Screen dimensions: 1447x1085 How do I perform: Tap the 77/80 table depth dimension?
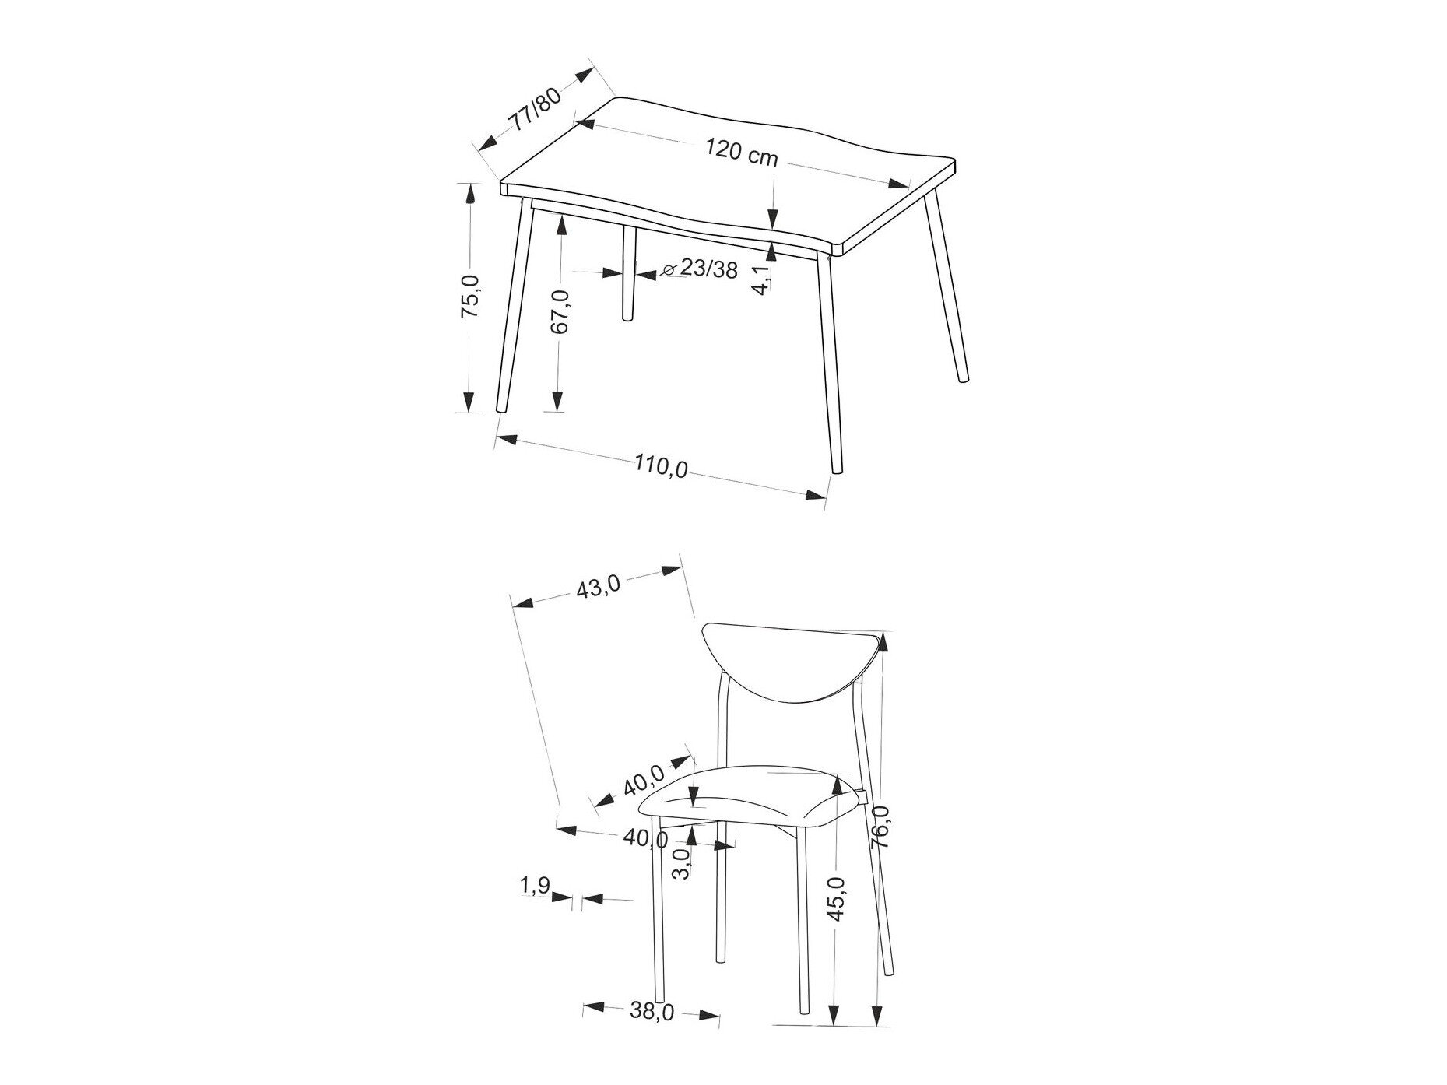click(x=534, y=110)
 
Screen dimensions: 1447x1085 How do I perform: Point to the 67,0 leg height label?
click(x=559, y=311)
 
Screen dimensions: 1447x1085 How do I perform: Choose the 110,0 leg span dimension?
click(x=661, y=467)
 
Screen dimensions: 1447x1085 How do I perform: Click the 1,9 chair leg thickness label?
click(x=535, y=885)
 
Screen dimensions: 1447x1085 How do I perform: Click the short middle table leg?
click(x=627, y=273)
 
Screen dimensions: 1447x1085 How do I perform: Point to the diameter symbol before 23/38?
click(x=669, y=270)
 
